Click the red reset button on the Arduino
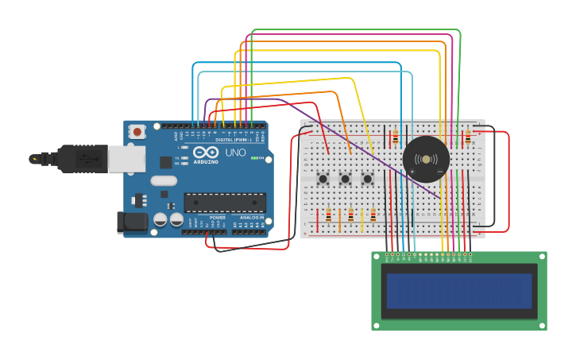pos(137,132)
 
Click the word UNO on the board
pos(235,153)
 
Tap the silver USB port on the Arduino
pos(126,158)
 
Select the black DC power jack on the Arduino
pos(131,223)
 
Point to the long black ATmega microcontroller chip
pos(225,203)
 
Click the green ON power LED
pos(253,158)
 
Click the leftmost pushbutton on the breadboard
pos(323,179)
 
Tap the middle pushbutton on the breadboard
pos(346,179)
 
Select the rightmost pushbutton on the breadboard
pos(368,179)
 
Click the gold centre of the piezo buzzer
pos(426,160)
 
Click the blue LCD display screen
pos(459,291)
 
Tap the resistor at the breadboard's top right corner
pos(468,138)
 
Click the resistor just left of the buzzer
pos(396,138)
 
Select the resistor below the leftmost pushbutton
pos(328,215)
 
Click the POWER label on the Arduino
pos(217,218)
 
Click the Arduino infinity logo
pos(205,153)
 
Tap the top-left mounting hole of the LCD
pos(377,257)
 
